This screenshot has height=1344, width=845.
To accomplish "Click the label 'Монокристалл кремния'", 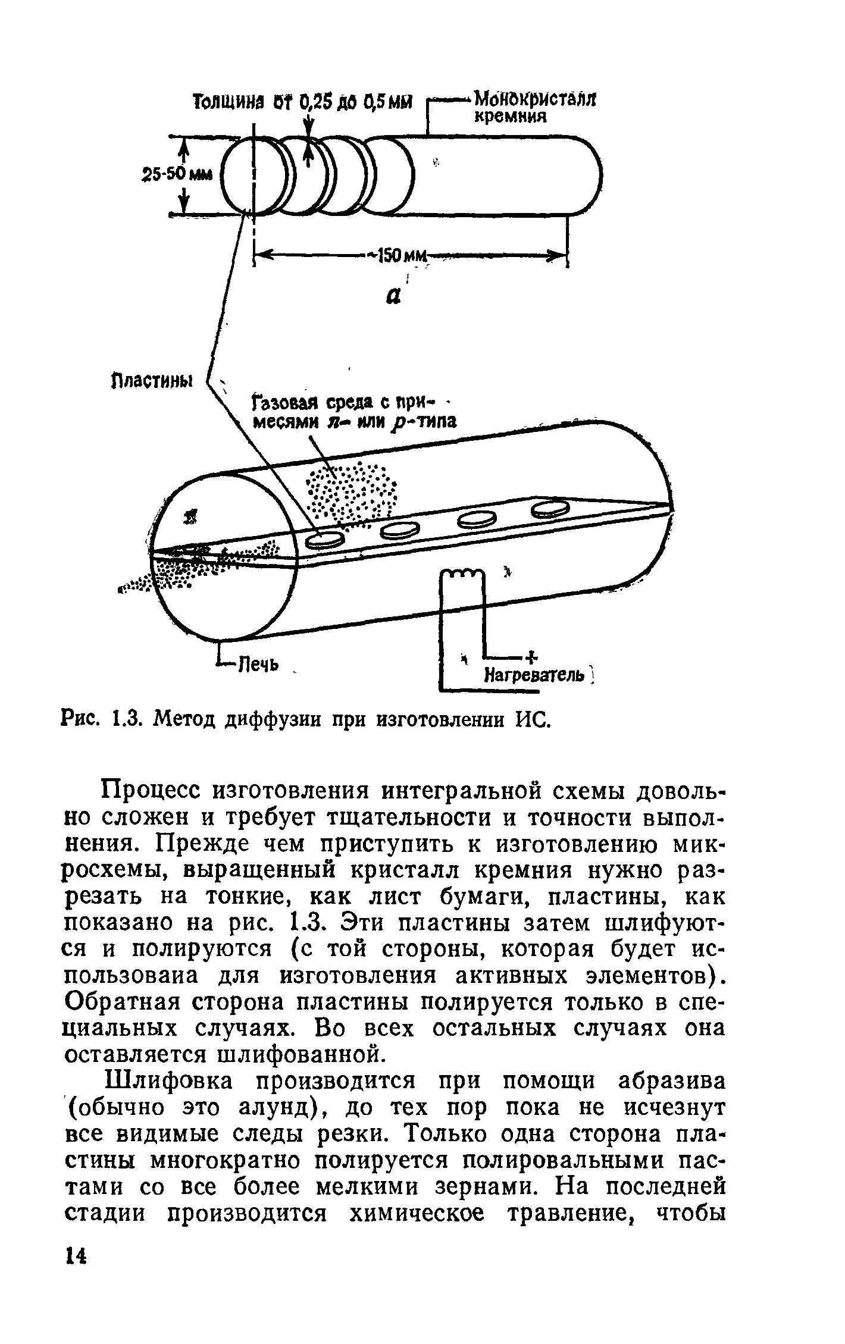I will click(x=534, y=105).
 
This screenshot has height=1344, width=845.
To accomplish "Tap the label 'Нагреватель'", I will click(x=534, y=676).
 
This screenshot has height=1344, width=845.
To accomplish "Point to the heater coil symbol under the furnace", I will click(x=462, y=574).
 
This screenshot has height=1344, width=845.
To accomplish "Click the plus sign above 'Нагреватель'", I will click(x=531, y=656).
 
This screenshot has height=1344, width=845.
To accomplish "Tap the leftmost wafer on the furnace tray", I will click(x=324, y=539).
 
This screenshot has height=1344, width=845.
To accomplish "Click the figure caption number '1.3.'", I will click(x=126, y=720).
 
